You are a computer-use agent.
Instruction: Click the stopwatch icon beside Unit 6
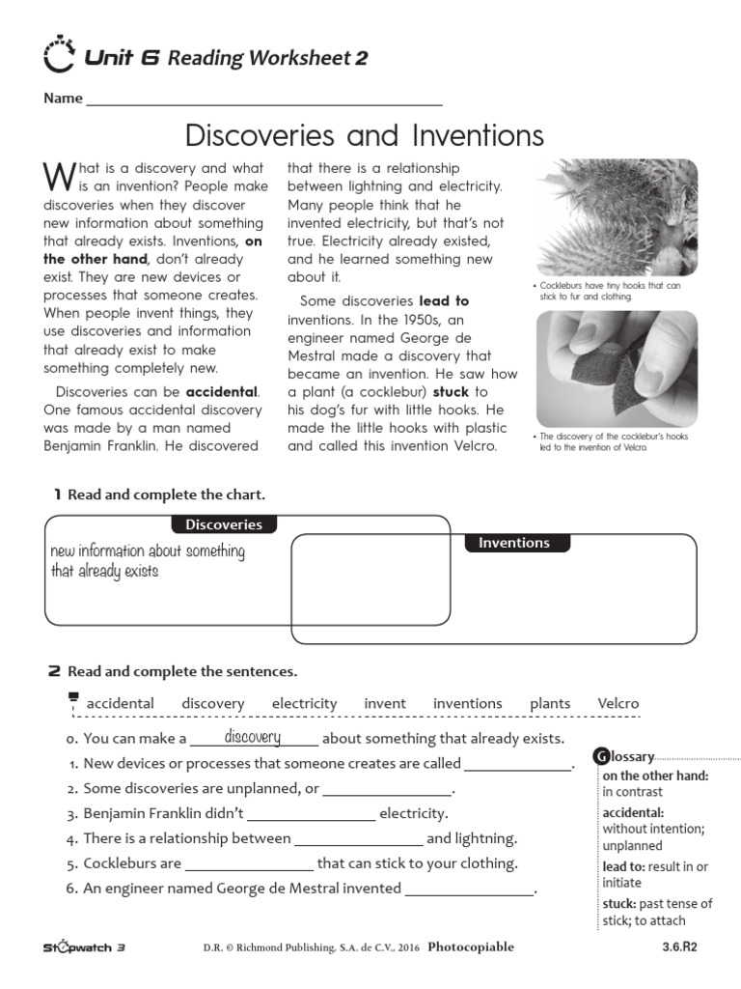pos(60,56)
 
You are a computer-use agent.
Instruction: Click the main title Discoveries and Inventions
pos(364,134)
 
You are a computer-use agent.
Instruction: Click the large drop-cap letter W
pos(58,176)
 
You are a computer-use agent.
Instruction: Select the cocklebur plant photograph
pos(617,217)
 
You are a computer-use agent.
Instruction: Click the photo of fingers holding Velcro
pos(617,369)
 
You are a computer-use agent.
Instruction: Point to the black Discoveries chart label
pos(224,524)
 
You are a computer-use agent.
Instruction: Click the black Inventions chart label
pos(514,543)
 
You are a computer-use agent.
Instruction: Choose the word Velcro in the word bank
pos(617,704)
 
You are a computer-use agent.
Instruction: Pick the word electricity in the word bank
pos(304,704)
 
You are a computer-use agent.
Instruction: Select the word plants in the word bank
pos(550,704)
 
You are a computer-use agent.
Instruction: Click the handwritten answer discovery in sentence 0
pos(252,738)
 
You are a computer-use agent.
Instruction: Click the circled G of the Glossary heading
pos(601,756)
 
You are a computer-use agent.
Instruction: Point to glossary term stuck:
pos(618,904)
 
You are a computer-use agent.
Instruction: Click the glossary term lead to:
pos(623,867)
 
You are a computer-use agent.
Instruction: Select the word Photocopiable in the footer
pos(470,947)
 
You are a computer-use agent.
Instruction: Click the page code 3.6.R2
pos(679,947)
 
